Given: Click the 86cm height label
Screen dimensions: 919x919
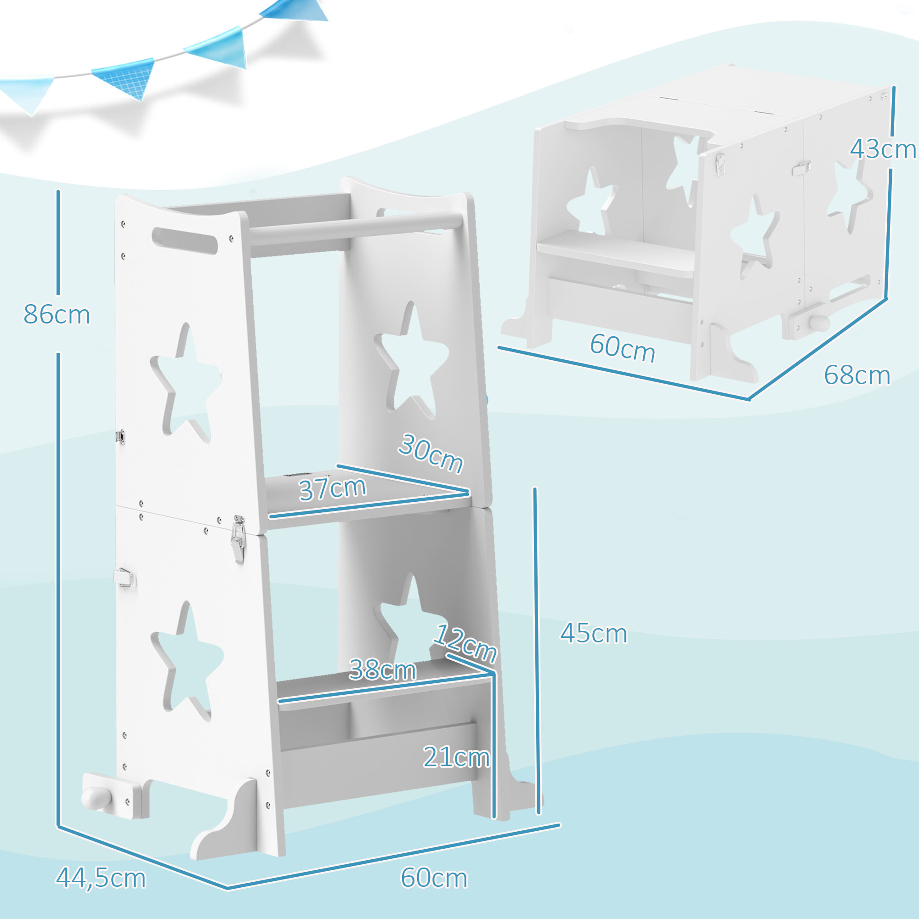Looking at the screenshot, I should [57, 315].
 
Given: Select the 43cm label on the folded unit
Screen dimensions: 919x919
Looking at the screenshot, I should [882, 149].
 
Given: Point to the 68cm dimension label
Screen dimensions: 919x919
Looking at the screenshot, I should [857, 375].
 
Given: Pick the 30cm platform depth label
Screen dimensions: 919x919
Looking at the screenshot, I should [431, 454].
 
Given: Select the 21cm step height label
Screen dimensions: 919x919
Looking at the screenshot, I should [456, 757].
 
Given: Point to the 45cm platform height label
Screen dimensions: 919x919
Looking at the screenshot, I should [593, 634].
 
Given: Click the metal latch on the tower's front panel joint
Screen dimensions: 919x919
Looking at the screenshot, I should [238, 539].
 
